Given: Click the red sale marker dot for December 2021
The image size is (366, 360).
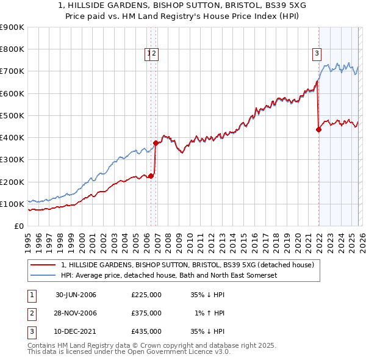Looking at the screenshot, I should [x=318, y=129].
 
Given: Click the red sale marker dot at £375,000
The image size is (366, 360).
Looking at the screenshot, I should [x=156, y=143].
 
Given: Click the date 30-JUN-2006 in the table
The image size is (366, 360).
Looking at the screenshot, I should [x=76, y=295].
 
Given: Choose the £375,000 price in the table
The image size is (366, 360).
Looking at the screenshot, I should [x=146, y=313].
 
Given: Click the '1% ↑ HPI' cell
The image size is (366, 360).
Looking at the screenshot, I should [x=209, y=313].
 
